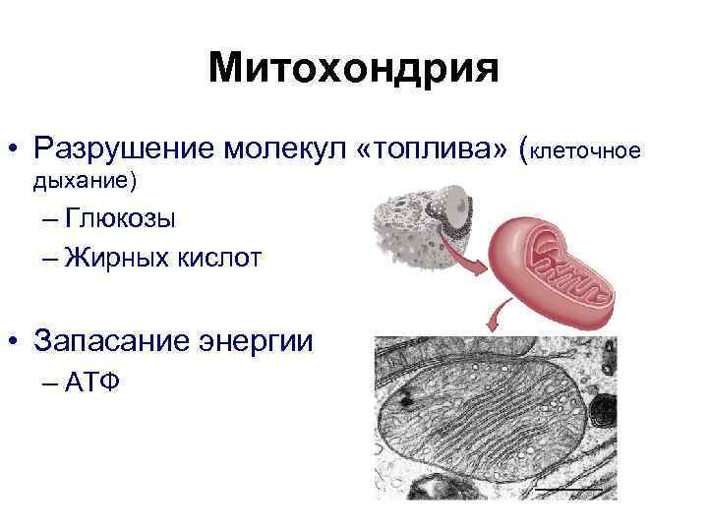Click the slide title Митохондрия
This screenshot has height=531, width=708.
pyautogui.click(x=354, y=70)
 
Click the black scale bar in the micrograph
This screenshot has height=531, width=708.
pyautogui.click(x=567, y=487)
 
